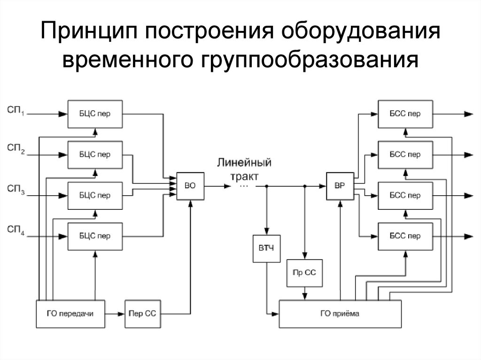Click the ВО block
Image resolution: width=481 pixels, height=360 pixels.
click(x=190, y=186)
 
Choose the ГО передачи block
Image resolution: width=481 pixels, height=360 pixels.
click(x=70, y=313)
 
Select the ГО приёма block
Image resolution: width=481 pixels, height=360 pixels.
click(x=340, y=314)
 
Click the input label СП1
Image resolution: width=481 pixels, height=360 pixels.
click(x=16, y=111)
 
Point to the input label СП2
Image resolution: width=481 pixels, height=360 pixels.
click(x=16, y=151)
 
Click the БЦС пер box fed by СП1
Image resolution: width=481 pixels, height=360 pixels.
click(x=95, y=114)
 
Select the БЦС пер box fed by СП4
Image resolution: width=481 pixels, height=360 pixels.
click(x=95, y=236)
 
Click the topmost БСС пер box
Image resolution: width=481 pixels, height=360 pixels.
click(x=405, y=114)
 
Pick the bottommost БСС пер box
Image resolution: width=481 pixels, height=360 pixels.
click(x=405, y=236)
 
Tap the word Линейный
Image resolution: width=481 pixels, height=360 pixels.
click(x=244, y=163)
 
